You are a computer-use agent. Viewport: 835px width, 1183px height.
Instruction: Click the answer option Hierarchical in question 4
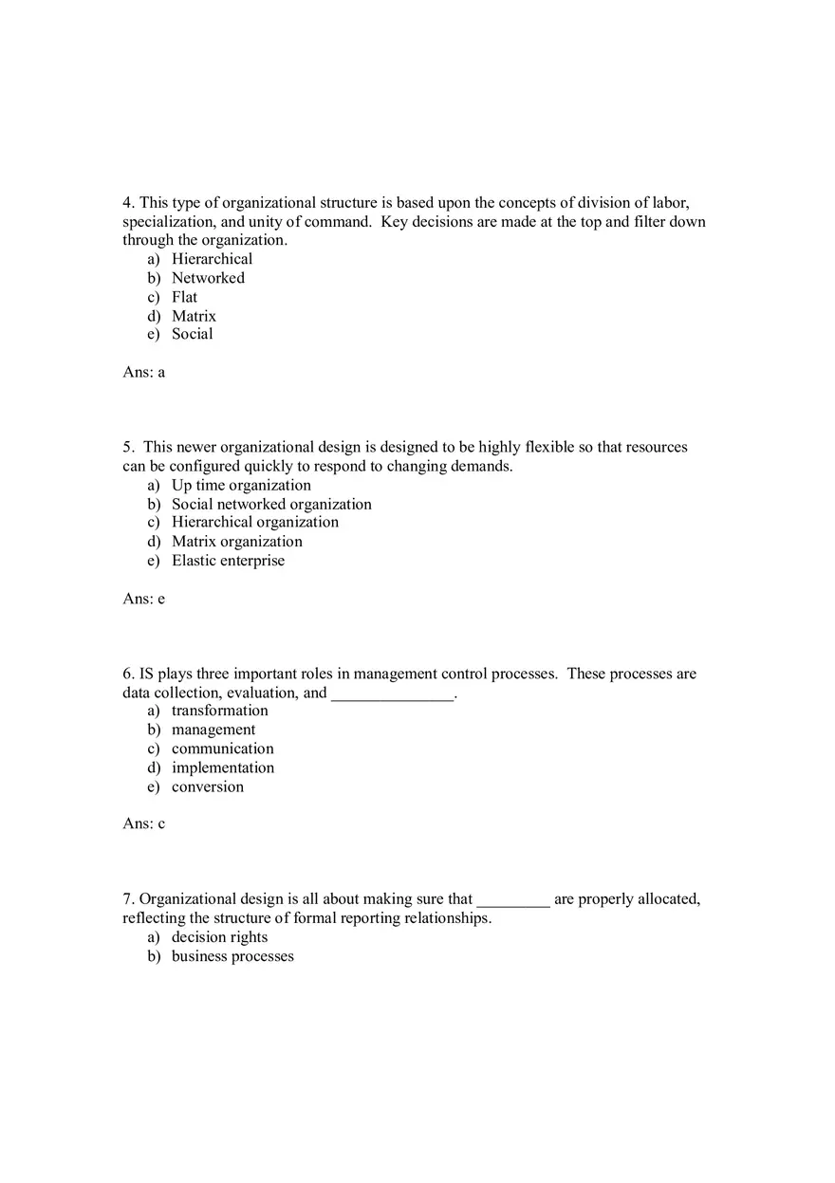tap(212, 259)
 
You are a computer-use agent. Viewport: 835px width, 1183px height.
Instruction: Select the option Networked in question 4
tap(208, 278)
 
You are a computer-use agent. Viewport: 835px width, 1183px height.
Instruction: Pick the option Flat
tap(184, 297)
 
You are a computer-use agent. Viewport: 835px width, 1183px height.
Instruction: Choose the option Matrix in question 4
tap(194, 316)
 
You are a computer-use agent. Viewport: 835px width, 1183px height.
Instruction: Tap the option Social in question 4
tap(192, 334)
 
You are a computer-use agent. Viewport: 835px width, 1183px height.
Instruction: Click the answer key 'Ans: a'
tap(144, 372)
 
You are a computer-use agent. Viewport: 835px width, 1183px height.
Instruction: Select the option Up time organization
tap(241, 485)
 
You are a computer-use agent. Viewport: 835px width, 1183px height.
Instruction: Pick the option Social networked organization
tap(271, 504)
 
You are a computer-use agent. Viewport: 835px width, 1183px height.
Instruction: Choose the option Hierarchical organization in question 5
tap(254, 522)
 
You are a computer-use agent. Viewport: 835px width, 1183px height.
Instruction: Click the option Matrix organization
tap(236, 542)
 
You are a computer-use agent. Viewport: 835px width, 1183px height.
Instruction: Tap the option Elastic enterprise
tap(228, 561)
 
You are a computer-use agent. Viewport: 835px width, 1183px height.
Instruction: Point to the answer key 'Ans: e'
tap(144, 599)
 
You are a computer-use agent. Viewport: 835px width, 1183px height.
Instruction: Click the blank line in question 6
tap(393, 695)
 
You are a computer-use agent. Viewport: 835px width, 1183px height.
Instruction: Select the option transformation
tap(219, 711)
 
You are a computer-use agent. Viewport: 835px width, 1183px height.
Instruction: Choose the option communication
tap(222, 749)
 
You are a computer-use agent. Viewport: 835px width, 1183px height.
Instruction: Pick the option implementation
tap(222, 767)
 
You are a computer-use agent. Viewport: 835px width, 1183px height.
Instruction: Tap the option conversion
tap(207, 786)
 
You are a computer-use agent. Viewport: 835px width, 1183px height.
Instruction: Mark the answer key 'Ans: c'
tap(144, 823)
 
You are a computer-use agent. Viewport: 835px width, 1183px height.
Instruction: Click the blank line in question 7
tap(513, 902)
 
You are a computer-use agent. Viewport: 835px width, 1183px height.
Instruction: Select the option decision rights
tap(219, 937)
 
